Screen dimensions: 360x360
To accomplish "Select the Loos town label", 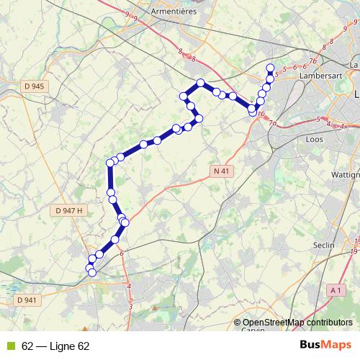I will tap(315, 140).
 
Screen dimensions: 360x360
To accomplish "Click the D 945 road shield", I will tap(33, 86).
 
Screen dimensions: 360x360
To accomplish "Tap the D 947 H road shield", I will tap(69, 210).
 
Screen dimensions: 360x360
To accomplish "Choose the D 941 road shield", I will tap(24, 300).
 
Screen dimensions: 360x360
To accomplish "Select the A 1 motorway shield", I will tap(335, 289).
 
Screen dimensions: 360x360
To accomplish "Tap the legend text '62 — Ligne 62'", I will tap(55, 346).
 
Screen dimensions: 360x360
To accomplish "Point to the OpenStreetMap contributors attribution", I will tap(297, 322).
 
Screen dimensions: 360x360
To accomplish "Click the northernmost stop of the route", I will tap(270, 68).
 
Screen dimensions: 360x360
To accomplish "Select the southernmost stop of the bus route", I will tap(91, 272).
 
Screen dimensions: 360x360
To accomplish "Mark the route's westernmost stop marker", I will tap(89, 269).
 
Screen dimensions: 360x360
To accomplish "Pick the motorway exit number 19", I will tap(355, 251).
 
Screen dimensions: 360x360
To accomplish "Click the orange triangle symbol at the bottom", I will tap(156, 309).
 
